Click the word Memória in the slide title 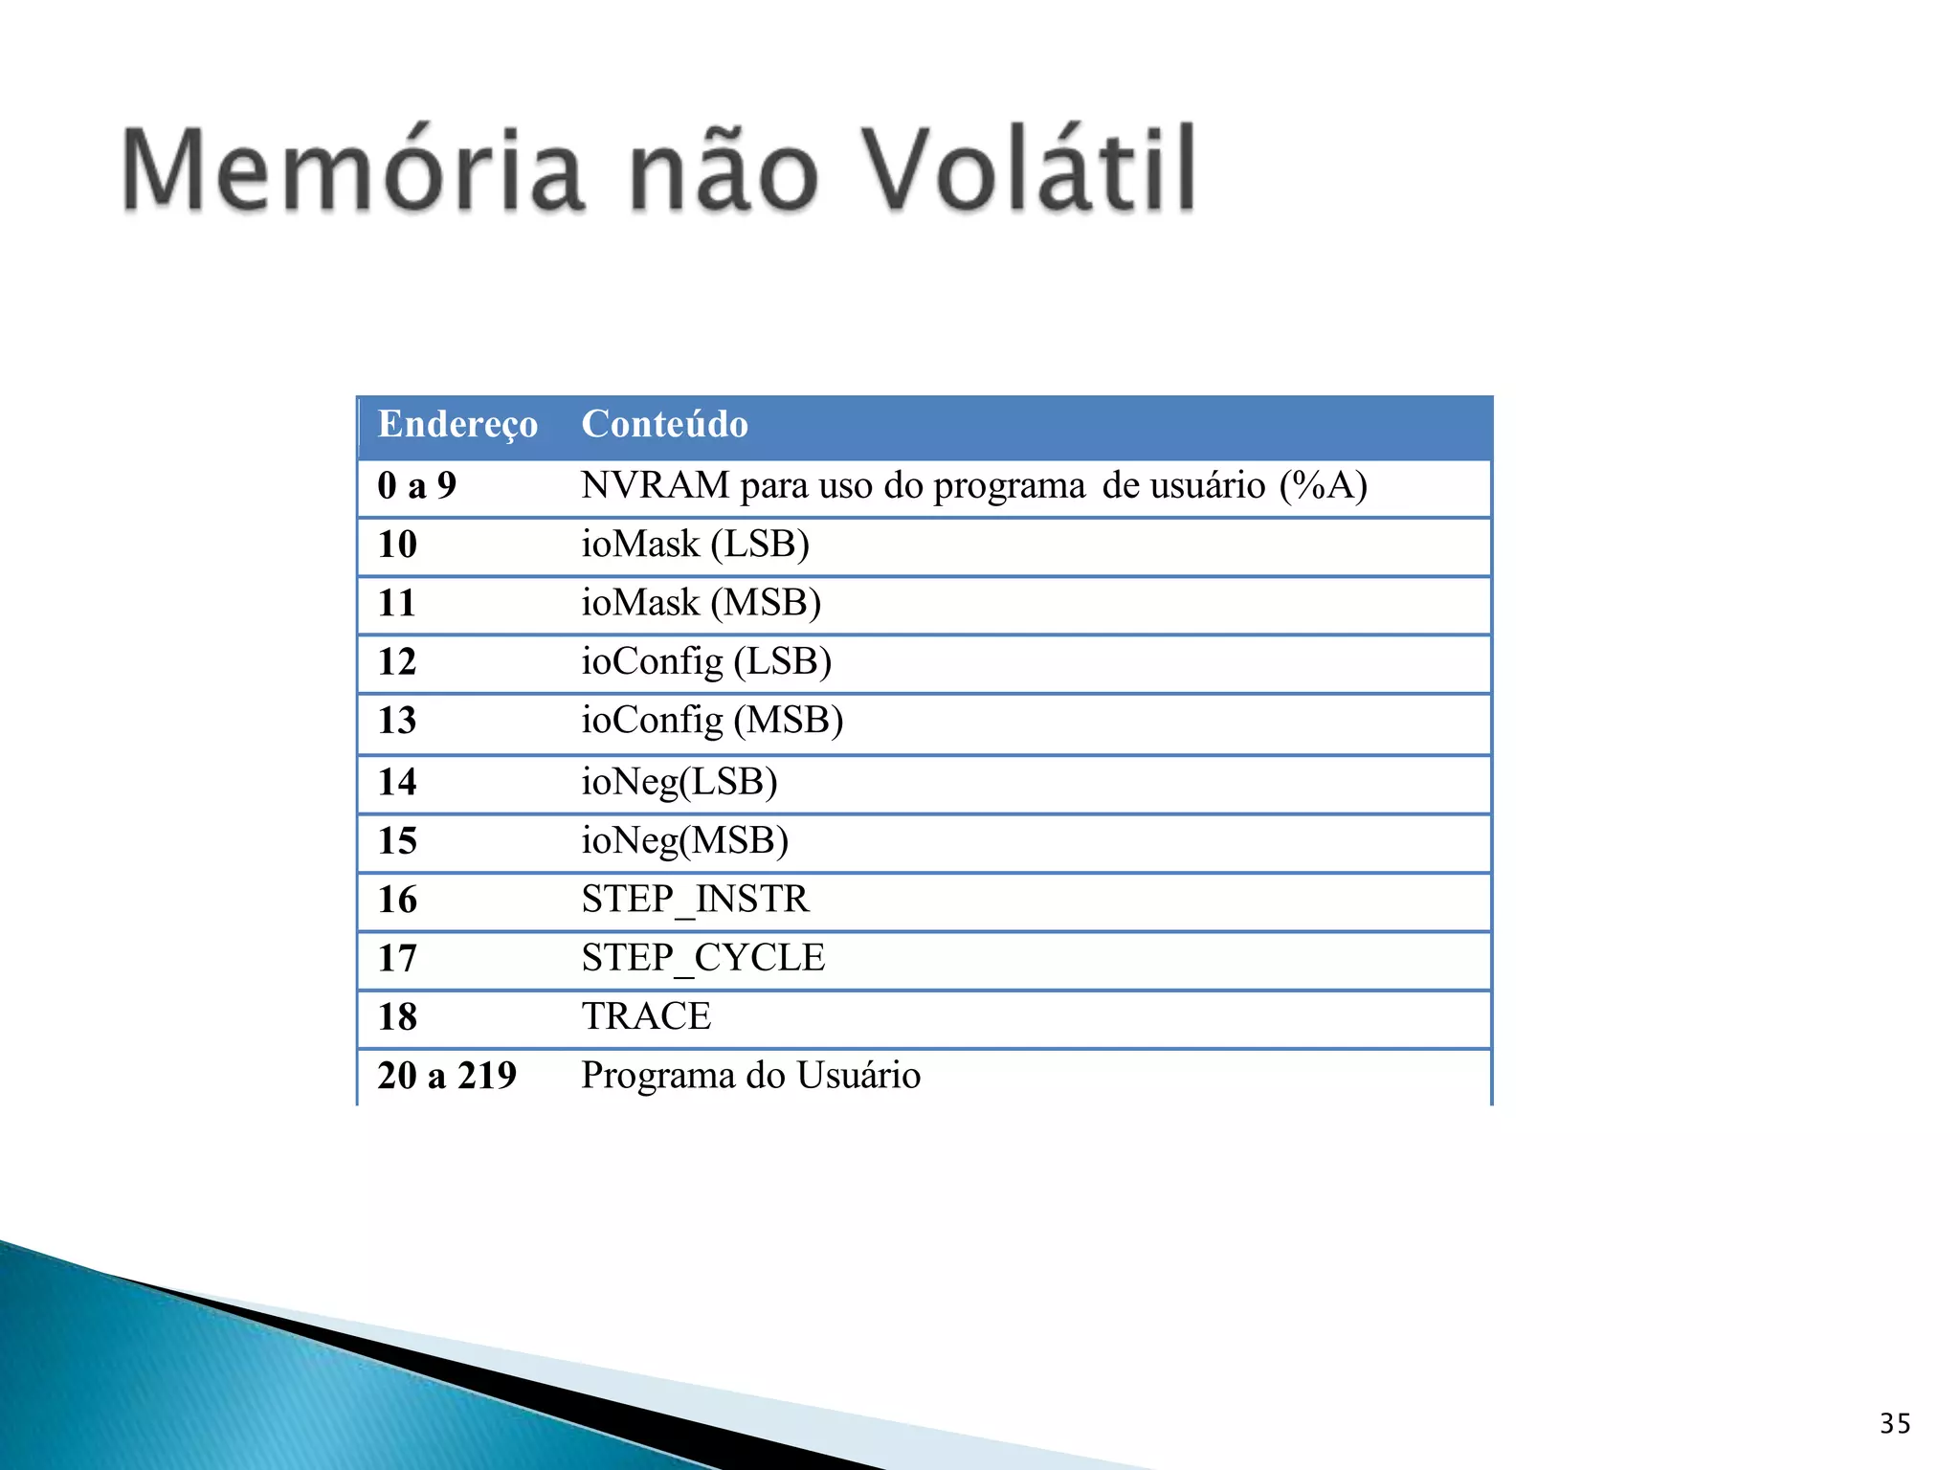click(352, 170)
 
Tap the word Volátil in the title click(1030, 170)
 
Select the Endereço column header click(457, 424)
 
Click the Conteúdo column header click(664, 424)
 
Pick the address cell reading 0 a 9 click(416, 486)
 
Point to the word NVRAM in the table click(656, 486)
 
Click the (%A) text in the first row click(1323, 486)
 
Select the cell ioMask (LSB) click(695, 545)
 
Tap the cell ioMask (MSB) click(701, 603)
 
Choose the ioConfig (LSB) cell click(706, 661)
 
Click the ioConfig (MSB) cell click(712, 721)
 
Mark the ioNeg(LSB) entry click(679, 782)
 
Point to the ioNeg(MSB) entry click(685, 841)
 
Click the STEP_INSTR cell click(695, 900)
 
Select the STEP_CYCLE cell click(702, 958)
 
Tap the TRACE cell click(646, 1016)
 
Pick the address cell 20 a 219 click(447, 1076)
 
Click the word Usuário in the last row click(858, 1076)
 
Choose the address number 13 click(397, 721)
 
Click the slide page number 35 click(1895, 1424)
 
